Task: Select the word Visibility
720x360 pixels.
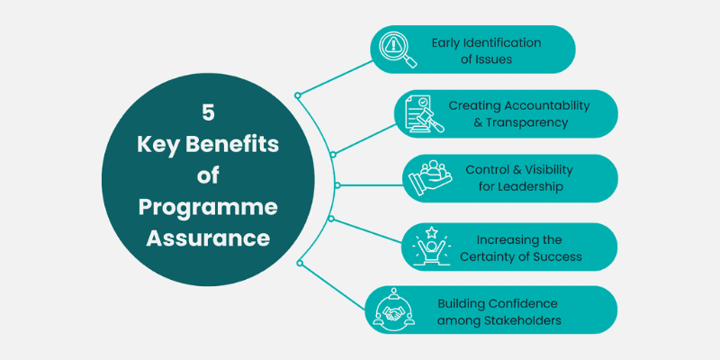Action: (544, 170)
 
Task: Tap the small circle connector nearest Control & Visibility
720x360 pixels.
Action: (337, 185)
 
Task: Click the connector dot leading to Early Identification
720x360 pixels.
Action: (298, 94)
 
